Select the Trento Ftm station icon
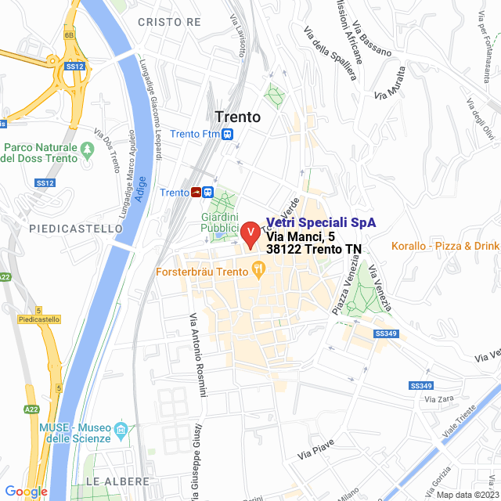[227, 134]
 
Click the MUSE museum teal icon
[121, 430]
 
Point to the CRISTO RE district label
[169, 22]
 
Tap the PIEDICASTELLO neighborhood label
[76, 229]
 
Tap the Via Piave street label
[316, 449]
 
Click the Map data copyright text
[467, 494]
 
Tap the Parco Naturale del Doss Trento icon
[88, 148]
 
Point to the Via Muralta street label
[392, 89]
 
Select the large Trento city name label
[237, 117]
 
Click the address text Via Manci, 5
[301, 236]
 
